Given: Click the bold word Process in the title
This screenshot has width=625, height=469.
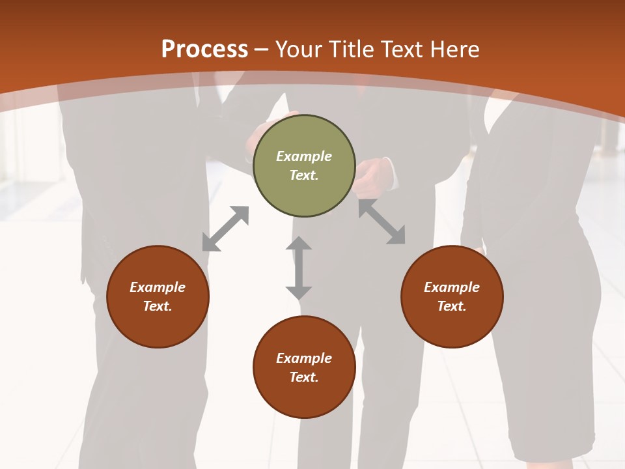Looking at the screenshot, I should click(x=204, y=50).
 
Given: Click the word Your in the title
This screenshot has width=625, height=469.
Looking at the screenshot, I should click(x=299, y=50).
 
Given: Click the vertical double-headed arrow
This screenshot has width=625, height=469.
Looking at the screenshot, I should click(x=299, y=268).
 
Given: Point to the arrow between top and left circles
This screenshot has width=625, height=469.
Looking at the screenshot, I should click(x=225, y=229).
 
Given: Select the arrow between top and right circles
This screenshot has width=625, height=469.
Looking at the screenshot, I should click(x=382, y=221).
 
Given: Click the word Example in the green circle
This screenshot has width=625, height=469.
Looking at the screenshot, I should click(x=304, y=156).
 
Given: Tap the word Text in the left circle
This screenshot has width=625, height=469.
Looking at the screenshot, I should click(x=158, y=306).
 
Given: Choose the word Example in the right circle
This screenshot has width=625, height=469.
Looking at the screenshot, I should click(x=452, y=287).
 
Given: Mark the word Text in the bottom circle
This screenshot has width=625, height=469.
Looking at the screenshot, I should click(x=304, y=377).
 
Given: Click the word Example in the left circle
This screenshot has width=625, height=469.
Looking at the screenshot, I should click(x=158, y=287).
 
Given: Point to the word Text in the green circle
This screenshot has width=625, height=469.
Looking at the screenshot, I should click(x=304, y=175).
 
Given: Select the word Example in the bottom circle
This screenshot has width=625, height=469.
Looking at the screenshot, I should click(x=304, y=358).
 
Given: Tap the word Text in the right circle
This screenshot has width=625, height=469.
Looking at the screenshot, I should click(x=452, y=306).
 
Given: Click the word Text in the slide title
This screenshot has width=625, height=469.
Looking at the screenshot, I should click(x=400, y=50).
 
